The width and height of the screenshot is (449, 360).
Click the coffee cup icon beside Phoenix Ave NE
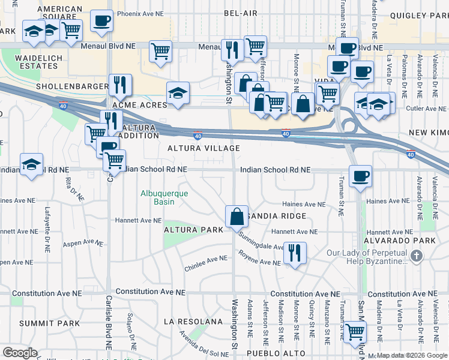(x=101, y=21)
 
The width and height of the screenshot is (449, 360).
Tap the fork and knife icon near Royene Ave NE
(x=294, y=253)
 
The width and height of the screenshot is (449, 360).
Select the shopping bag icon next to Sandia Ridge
(x=237, y=217)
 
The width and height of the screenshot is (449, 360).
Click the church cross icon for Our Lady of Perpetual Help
(x=417, y=256)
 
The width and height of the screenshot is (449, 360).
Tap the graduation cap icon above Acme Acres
(x=178, y=94)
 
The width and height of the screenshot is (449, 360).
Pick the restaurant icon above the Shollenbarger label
(x=121, y=86)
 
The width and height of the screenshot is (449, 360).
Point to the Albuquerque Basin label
(x=164, y=197)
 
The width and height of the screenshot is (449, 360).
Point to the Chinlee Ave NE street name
(x=206, y=261)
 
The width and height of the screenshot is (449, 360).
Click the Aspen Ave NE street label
(x=83, y=243)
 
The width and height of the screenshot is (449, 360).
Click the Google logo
(x=20, y=352)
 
